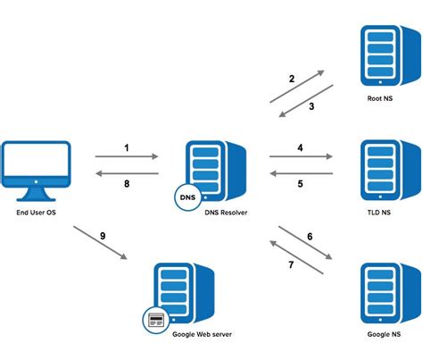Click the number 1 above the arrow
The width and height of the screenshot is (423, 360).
pos(127,146)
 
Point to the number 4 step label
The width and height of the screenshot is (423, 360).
pos(301,146)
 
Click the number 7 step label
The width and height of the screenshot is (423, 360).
pos(289,265)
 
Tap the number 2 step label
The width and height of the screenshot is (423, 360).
pos(291,80)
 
